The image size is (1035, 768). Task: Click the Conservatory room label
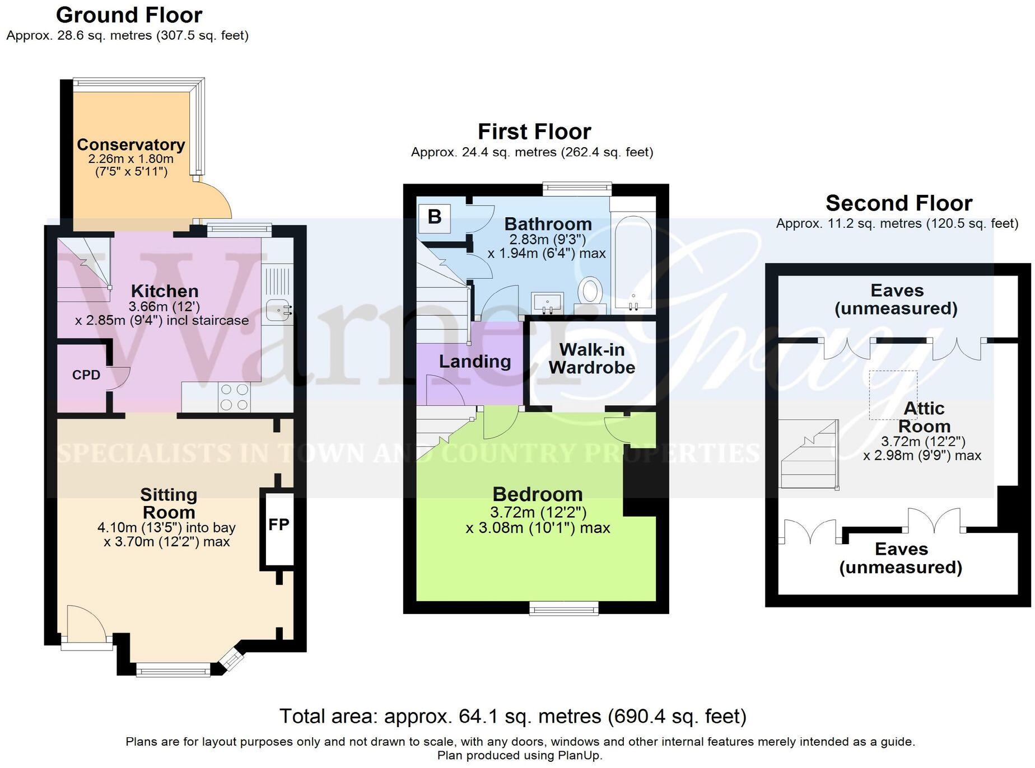130,144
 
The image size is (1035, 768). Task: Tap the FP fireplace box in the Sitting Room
278,525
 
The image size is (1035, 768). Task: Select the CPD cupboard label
86,374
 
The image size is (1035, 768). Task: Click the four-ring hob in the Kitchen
235,396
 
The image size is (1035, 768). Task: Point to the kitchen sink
278,309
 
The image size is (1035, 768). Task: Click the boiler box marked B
434,217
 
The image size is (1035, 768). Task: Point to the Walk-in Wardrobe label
591,358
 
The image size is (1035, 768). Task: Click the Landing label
474,362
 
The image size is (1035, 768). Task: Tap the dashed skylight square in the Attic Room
893,394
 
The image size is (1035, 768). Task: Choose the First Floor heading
534,132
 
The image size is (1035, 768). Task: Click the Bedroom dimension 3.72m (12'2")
538,512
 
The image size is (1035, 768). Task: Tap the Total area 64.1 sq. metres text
512,716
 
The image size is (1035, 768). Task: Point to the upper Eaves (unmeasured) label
896,299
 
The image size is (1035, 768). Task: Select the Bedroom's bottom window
564,608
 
